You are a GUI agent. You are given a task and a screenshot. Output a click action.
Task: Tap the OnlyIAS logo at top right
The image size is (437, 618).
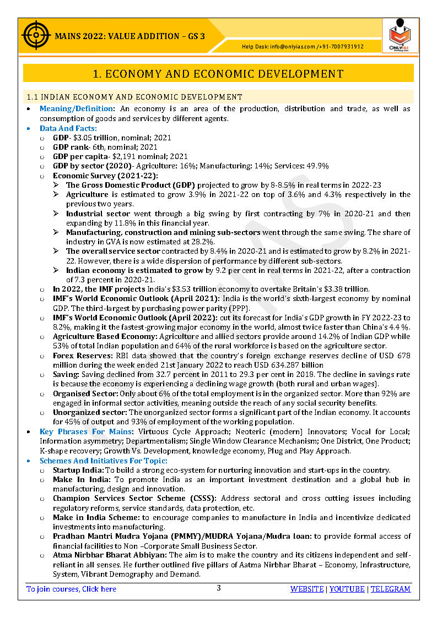[400, 36]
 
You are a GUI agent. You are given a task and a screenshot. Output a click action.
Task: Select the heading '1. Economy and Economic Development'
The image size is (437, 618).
[218, 74]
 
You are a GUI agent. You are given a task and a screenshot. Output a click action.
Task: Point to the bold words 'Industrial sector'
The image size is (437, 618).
[98, 214]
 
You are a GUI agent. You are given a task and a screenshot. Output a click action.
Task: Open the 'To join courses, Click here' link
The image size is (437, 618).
[72, 589]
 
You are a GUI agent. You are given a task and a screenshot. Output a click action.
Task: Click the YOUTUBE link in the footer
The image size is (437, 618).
[347, 589]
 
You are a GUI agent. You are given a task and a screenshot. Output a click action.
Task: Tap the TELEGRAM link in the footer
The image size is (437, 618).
[390, 589]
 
